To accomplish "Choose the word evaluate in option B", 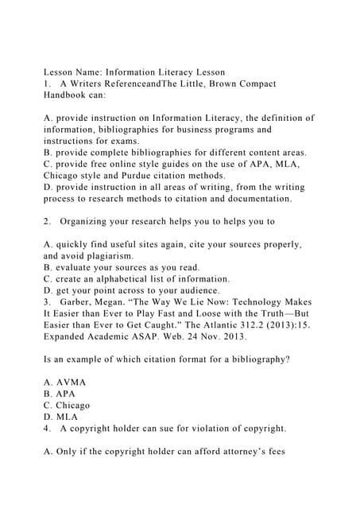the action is [75, 267].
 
